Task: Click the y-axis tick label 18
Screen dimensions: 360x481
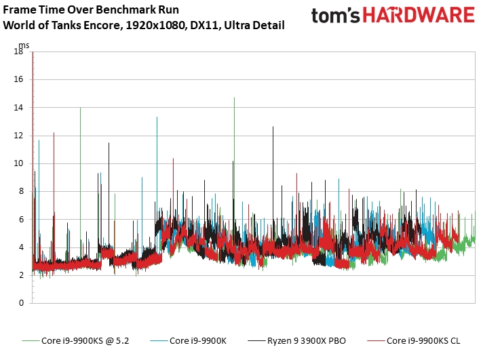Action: click(19, 52)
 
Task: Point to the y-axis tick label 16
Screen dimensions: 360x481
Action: click(19, 79)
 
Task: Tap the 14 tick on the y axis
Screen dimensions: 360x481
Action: click(19, 107)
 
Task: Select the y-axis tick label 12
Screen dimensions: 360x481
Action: click(19, 136)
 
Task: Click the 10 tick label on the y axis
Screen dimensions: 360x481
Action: click(19, 163)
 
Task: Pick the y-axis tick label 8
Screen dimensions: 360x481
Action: click(21, 191)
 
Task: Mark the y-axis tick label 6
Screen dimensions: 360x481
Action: click(21, 219)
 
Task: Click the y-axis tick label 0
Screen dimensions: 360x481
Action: click(21, 303)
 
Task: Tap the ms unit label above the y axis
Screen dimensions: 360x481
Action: click(24, 45)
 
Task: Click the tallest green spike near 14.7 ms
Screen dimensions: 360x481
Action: click(234, 98)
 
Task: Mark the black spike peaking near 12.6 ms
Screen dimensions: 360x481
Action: click(273, 127)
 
